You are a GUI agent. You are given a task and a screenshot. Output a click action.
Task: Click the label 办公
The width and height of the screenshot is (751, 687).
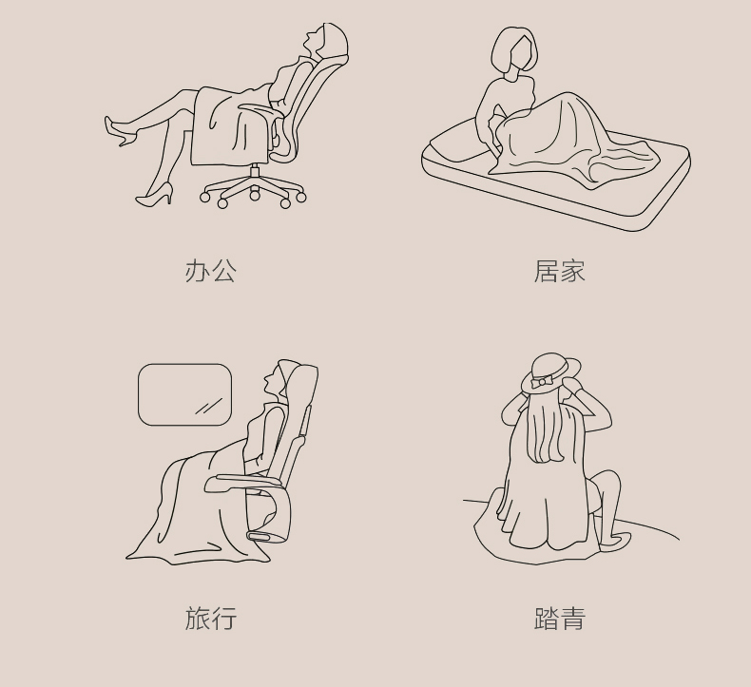click(x=211, y=272)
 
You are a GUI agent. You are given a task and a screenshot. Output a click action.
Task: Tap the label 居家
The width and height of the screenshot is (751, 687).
click(x=559, y=272)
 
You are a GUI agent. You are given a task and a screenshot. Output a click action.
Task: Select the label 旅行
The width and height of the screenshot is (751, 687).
click(x=211, y=618)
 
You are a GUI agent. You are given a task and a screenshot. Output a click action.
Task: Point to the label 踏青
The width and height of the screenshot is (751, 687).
click(x=559, y=618)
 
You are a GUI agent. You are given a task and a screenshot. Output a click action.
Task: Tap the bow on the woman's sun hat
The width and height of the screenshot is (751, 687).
click(x=542, y=382)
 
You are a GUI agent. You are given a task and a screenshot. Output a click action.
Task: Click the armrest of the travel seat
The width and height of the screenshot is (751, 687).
click(x=244, y=480)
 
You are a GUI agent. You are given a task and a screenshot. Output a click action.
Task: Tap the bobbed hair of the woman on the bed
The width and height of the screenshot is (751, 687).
click(x=513, y=48)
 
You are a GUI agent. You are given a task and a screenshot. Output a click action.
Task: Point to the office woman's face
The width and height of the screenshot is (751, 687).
click(x=312, y=40)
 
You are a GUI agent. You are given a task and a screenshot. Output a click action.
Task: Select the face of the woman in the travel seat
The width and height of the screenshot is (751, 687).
click(x=271, y=378)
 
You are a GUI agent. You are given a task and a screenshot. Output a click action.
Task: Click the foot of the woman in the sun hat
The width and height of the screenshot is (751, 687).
click(x=614, y=541)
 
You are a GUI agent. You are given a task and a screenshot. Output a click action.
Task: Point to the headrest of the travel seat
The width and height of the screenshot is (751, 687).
click(x=299, y=383)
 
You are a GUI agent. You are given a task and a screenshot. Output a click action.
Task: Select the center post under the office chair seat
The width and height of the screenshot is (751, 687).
click(x=255, y=172)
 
